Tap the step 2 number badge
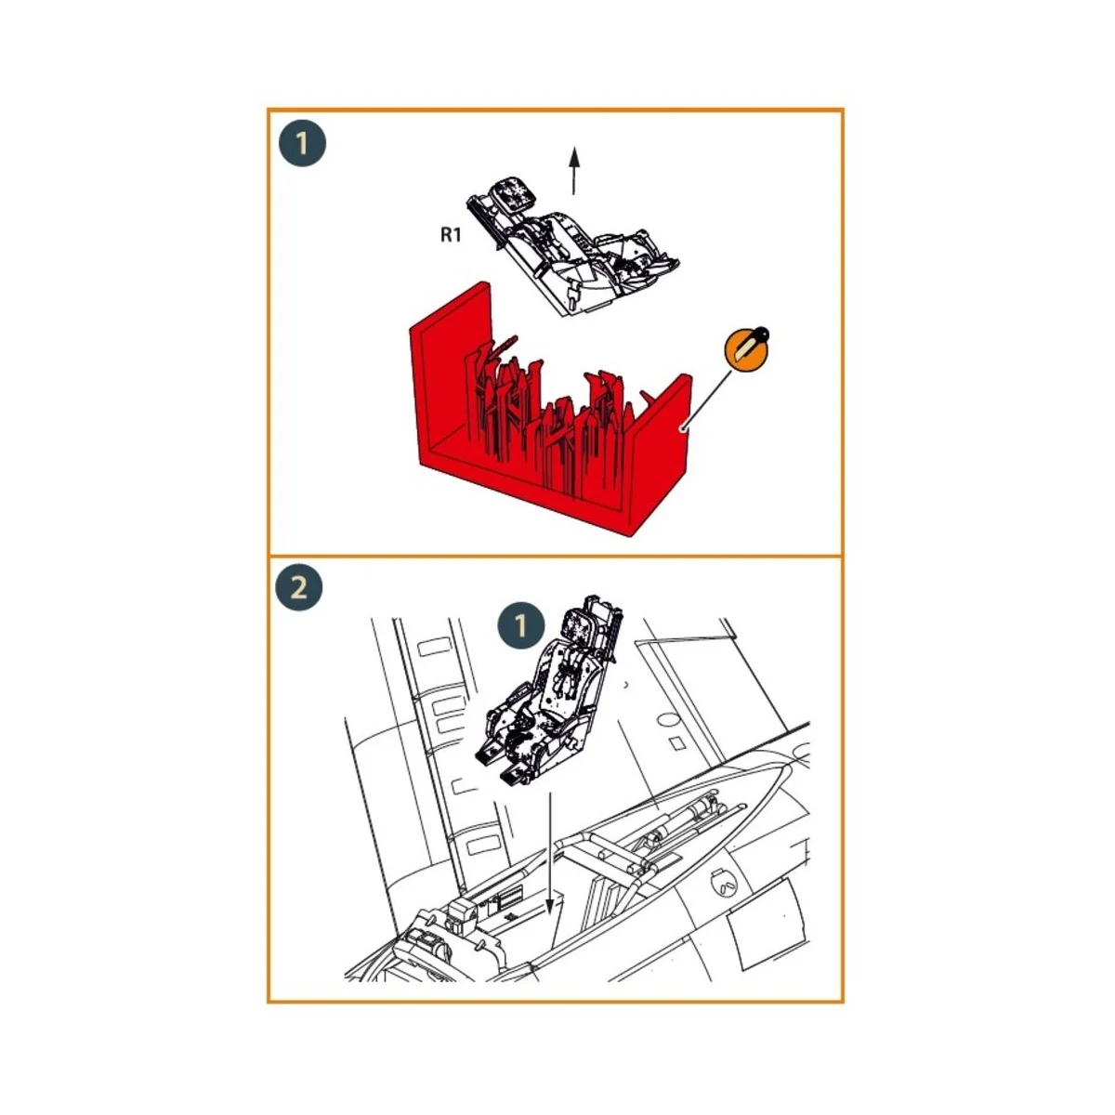pos(299,587)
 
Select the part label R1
pos(451,235)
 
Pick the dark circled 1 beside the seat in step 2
pos(521,625)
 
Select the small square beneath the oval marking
pos(678,742)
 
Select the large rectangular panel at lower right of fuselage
pos(767,920)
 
